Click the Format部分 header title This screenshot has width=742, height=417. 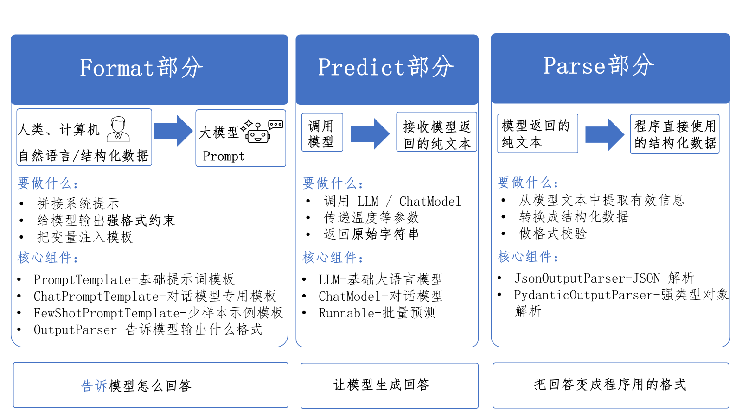coord(141,68)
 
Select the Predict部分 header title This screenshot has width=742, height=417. coord(386,67)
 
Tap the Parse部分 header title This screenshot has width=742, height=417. coord(599,65)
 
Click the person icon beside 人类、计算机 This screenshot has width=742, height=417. coord(118,129)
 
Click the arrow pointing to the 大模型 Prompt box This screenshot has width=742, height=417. coord(173,131)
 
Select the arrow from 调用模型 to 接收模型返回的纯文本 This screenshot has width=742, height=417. coord(370,133)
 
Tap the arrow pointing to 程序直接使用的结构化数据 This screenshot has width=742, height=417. coord(604,134)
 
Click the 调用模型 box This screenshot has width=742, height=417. coord(322,133)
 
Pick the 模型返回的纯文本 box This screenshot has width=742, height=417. coord(537,133)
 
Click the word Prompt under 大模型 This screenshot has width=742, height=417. coord(224,157)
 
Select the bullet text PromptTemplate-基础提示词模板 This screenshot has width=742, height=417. coord(134,279)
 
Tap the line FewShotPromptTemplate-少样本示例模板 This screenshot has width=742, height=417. coord(158,313)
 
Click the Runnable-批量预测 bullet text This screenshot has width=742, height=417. coord(377,313)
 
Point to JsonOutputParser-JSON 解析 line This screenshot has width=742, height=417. coord(604,278)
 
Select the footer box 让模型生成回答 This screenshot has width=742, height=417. coord(389,385)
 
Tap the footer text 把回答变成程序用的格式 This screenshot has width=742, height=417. coord(610,385)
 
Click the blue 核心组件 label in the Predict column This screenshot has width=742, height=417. coord(333,257)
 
